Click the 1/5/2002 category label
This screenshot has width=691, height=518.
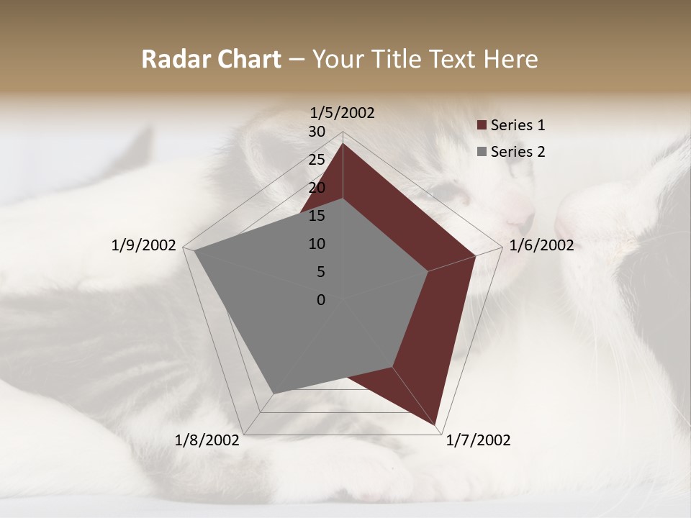pos(342,112)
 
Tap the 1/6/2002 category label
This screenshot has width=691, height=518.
pos(541,245)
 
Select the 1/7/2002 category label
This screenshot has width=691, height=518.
pos(478,440)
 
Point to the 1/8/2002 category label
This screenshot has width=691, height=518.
pos(207,440)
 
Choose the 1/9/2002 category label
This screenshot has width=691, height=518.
pos(144,245)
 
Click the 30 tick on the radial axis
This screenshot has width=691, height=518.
pos(317,132)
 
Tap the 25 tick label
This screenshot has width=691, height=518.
pos(317,160)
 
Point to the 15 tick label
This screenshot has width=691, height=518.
pos(317,216)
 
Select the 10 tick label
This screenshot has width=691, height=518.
pos(317,244)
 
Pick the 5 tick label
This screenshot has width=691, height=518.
pos(320,272)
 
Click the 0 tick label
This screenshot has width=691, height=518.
pos(321,300)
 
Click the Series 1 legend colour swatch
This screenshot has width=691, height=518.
pos(482,125)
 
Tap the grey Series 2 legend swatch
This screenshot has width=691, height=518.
pos(482,152)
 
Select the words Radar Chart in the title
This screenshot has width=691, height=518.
pos(211,59)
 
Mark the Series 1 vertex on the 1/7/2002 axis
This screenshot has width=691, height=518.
pos(436,424)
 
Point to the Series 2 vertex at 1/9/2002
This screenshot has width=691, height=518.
pos(194,251)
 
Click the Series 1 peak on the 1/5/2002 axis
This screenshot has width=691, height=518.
pos(343,143)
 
